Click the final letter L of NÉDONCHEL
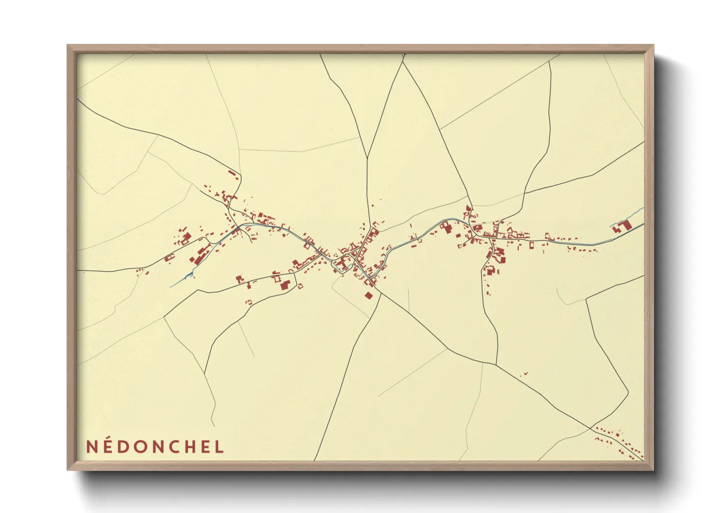[x=219, y=447]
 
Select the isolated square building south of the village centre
[x=369, y=295]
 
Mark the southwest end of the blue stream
[x=171, y=287]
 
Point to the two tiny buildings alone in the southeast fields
[x=524, y=373]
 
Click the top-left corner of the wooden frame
[x=68, y=46]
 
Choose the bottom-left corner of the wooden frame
[x=68, y=469]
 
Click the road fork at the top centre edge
[x=403, y=62]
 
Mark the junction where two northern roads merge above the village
[x=367, y=158]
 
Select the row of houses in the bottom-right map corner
[x=620, y=442]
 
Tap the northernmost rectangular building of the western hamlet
[x=234, y=173]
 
